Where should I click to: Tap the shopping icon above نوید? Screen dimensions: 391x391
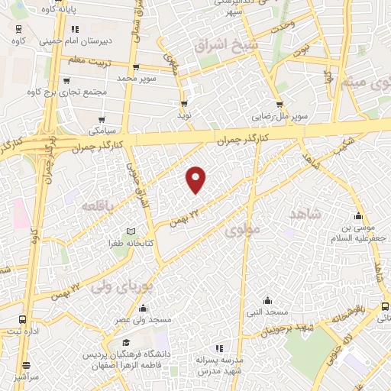(x=184, y=103)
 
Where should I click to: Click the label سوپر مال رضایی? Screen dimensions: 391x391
(x=280, y=118)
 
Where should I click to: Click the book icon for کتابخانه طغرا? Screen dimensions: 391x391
(x=131, y=231)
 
